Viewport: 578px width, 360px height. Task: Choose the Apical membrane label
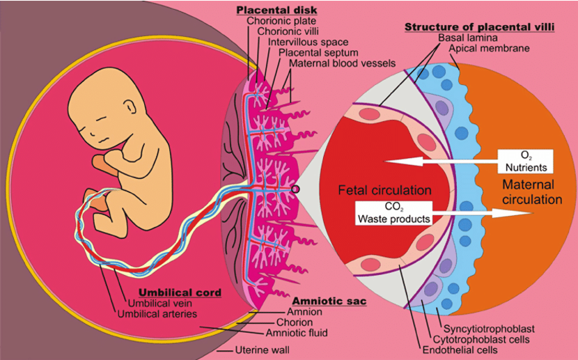click(x=490, y=48)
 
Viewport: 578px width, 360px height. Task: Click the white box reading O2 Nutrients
click(x=526, y=162)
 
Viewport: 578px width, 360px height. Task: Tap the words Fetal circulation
click(x=385, y=190)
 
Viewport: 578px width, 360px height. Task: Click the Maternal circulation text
click(x=529, y=192)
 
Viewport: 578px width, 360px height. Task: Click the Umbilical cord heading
click(x=180, y=292)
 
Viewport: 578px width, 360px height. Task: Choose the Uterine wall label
click(x=262, y=350)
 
